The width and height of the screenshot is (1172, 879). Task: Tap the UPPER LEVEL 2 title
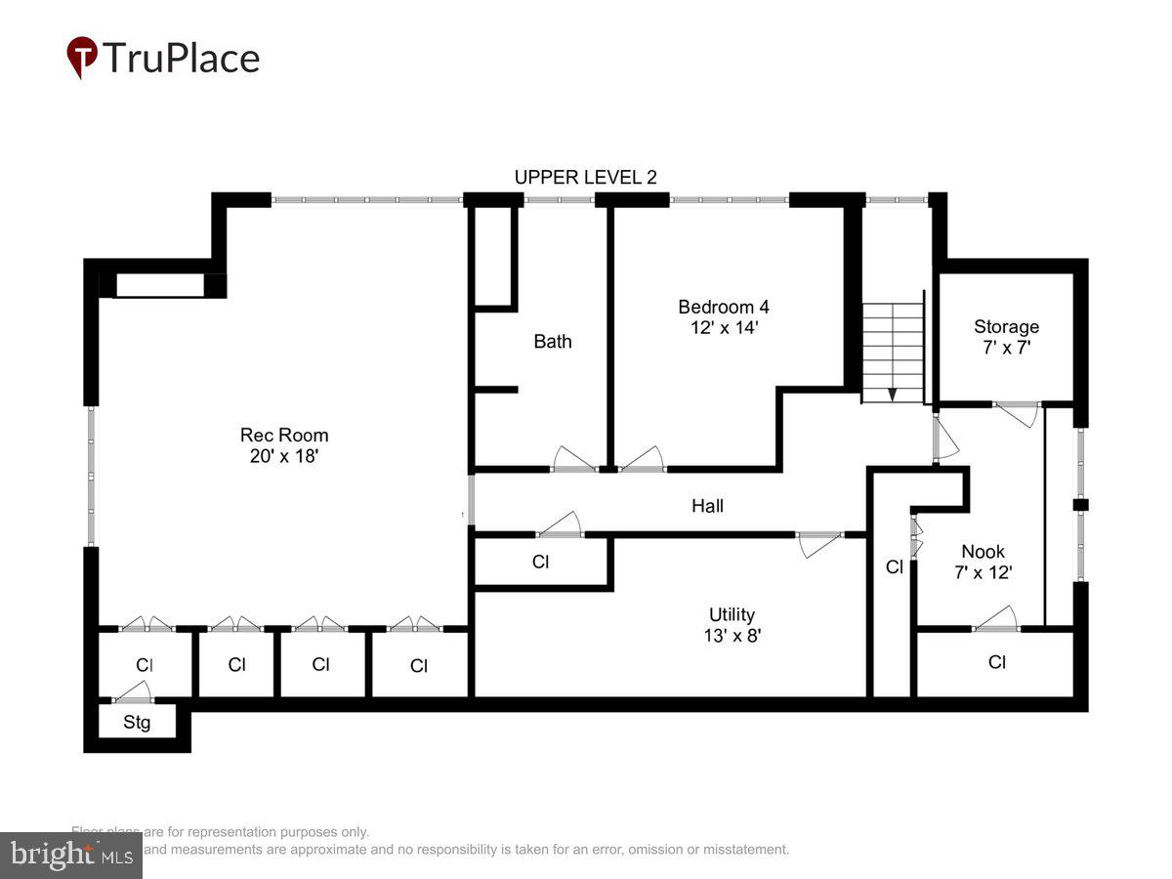(x=585, y=177)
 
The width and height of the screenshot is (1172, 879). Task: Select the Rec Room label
(x=284, y=435)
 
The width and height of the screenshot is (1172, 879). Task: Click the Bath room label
(x=553, y=341)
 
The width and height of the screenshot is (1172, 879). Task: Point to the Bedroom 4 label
(x=724, y=307)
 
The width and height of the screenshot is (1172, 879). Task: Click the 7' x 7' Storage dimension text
(x=1006, y=347)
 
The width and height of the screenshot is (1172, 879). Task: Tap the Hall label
(x=708, y=505)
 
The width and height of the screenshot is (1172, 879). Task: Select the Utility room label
(x=732, y=614)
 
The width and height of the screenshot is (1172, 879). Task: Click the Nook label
(x=983, y=552)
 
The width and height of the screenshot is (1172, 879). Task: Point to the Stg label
(x=136, y=723)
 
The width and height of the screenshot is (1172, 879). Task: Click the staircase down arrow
(x=892, y=394)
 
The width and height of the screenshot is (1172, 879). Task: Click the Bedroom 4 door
(x=642, y=460)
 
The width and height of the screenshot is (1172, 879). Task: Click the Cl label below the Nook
(x=996, y=662)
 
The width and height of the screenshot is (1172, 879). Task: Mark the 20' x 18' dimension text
(x=284, y=456)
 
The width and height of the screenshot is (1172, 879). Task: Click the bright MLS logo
(x=70, y=856)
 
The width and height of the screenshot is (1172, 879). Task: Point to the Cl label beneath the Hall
(x=540, y=563)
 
